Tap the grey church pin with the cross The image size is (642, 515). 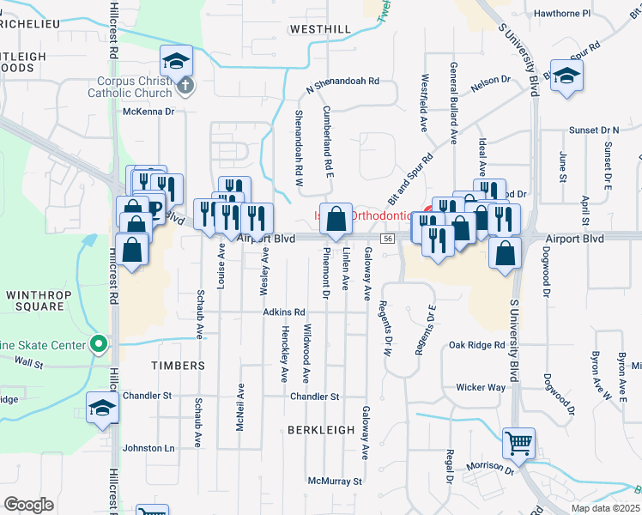coord(186,85)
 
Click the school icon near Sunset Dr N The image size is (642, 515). coord(566,76)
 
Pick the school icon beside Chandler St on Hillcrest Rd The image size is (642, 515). coord(102,408)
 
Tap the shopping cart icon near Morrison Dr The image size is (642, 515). coord(518,444)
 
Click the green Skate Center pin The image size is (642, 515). coord(100,345)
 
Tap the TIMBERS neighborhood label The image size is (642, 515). coord(179,366)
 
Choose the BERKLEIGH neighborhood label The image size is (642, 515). coord(321,429)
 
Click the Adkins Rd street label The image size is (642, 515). coord(284,312)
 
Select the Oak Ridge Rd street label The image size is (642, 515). coord(476,345)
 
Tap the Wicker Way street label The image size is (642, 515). coord(481,387)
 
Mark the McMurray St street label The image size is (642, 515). coord(336,482)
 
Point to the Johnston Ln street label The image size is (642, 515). coord(148,448)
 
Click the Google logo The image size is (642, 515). coord(28,505)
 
